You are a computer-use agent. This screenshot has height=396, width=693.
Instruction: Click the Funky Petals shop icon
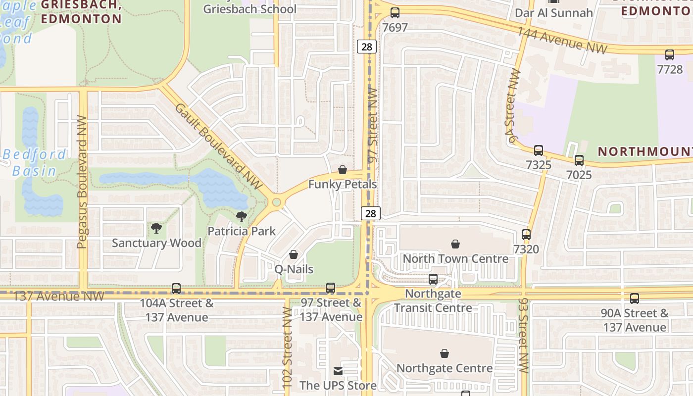(342, 170)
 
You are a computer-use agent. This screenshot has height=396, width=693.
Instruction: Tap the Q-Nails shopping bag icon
(294, 255)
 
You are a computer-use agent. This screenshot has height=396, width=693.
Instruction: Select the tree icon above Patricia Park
(242, 216)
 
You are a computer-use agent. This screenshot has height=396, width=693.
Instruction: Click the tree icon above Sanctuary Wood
(156, 228)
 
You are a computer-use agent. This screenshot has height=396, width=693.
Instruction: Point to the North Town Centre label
(455, 258)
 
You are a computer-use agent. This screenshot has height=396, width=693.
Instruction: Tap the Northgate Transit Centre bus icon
(433, 279)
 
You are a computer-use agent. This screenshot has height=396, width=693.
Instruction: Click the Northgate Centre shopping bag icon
(445, 353)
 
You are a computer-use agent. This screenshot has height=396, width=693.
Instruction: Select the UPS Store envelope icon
(338, 371)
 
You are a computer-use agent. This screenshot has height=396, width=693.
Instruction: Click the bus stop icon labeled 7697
(395, 13)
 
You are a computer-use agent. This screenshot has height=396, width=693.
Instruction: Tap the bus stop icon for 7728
(670, 55)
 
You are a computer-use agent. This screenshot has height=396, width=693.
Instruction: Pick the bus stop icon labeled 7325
(538, 150)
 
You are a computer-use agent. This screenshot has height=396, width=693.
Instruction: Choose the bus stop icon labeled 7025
(579, 160)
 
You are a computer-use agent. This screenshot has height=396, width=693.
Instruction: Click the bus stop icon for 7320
(526, 235)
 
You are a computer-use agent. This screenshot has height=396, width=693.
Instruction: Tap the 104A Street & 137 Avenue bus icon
(176, 288)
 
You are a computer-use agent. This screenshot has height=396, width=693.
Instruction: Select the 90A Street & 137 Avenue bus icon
(635, 298)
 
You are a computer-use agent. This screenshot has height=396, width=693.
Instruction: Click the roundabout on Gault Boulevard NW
(276, 202)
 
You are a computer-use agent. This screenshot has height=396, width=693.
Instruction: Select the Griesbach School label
(250, 9)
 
